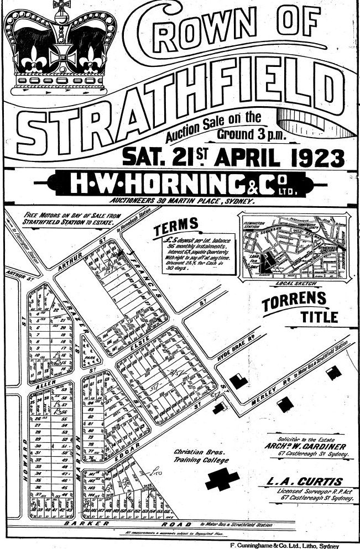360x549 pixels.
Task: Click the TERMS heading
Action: click(176, 225)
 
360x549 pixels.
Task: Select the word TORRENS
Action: click(294, 304)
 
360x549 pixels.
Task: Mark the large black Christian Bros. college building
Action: click(222, 479)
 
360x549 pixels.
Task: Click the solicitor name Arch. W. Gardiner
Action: click(313, 447)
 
